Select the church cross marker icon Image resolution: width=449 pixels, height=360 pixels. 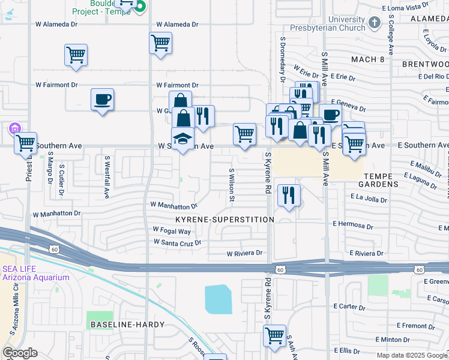click(x=374, y=23)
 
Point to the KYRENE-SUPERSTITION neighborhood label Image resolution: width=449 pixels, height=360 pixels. click(x=224, y=220)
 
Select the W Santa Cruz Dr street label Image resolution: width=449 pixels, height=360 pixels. click(x=177, y=242)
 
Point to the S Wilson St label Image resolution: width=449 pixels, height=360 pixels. click(x=231, y=183)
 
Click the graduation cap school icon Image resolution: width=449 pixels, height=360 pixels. click(x=183, y=139)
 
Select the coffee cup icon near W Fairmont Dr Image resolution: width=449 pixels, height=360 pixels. click(x=102, y=99)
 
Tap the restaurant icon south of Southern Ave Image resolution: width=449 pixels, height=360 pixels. click(x=289, y=195)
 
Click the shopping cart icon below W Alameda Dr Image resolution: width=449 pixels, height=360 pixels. click(x=160, y=43)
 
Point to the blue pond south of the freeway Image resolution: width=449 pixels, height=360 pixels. click(x=218, y=299)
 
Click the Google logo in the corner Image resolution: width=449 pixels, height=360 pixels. click(x=20, y=353)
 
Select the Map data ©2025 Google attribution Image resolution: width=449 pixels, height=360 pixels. click(x=411, y=355)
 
